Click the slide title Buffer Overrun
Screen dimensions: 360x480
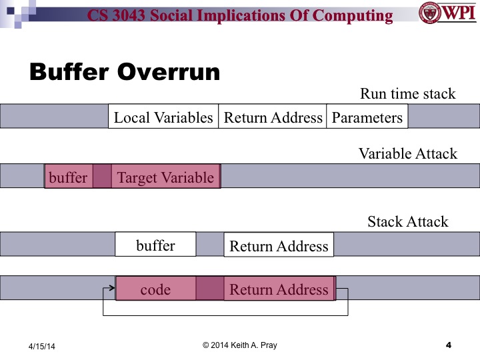coord(125,72)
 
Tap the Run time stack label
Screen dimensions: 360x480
coord(408,93)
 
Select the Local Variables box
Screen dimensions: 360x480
coord(163,117)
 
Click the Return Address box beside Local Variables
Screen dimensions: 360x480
coord(273,117)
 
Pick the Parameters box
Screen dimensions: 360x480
coord(367,117)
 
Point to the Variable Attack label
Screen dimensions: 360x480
coord(408,153)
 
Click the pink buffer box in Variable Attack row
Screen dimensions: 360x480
coord(68,177)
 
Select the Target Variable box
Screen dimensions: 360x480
coord(165,177)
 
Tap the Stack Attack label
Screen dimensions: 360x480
coord(408,221)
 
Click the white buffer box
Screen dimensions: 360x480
coord(155,245)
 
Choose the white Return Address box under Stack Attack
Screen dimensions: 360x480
coord(279,246)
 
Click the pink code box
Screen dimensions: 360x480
coord(155,289)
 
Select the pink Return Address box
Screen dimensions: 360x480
coord(279,289)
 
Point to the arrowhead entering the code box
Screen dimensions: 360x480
coord(112,289)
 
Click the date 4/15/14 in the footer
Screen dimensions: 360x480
coord(42,346)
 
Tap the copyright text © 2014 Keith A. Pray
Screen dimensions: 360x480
coord(239,345)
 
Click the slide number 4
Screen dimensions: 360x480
coord(448,345)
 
